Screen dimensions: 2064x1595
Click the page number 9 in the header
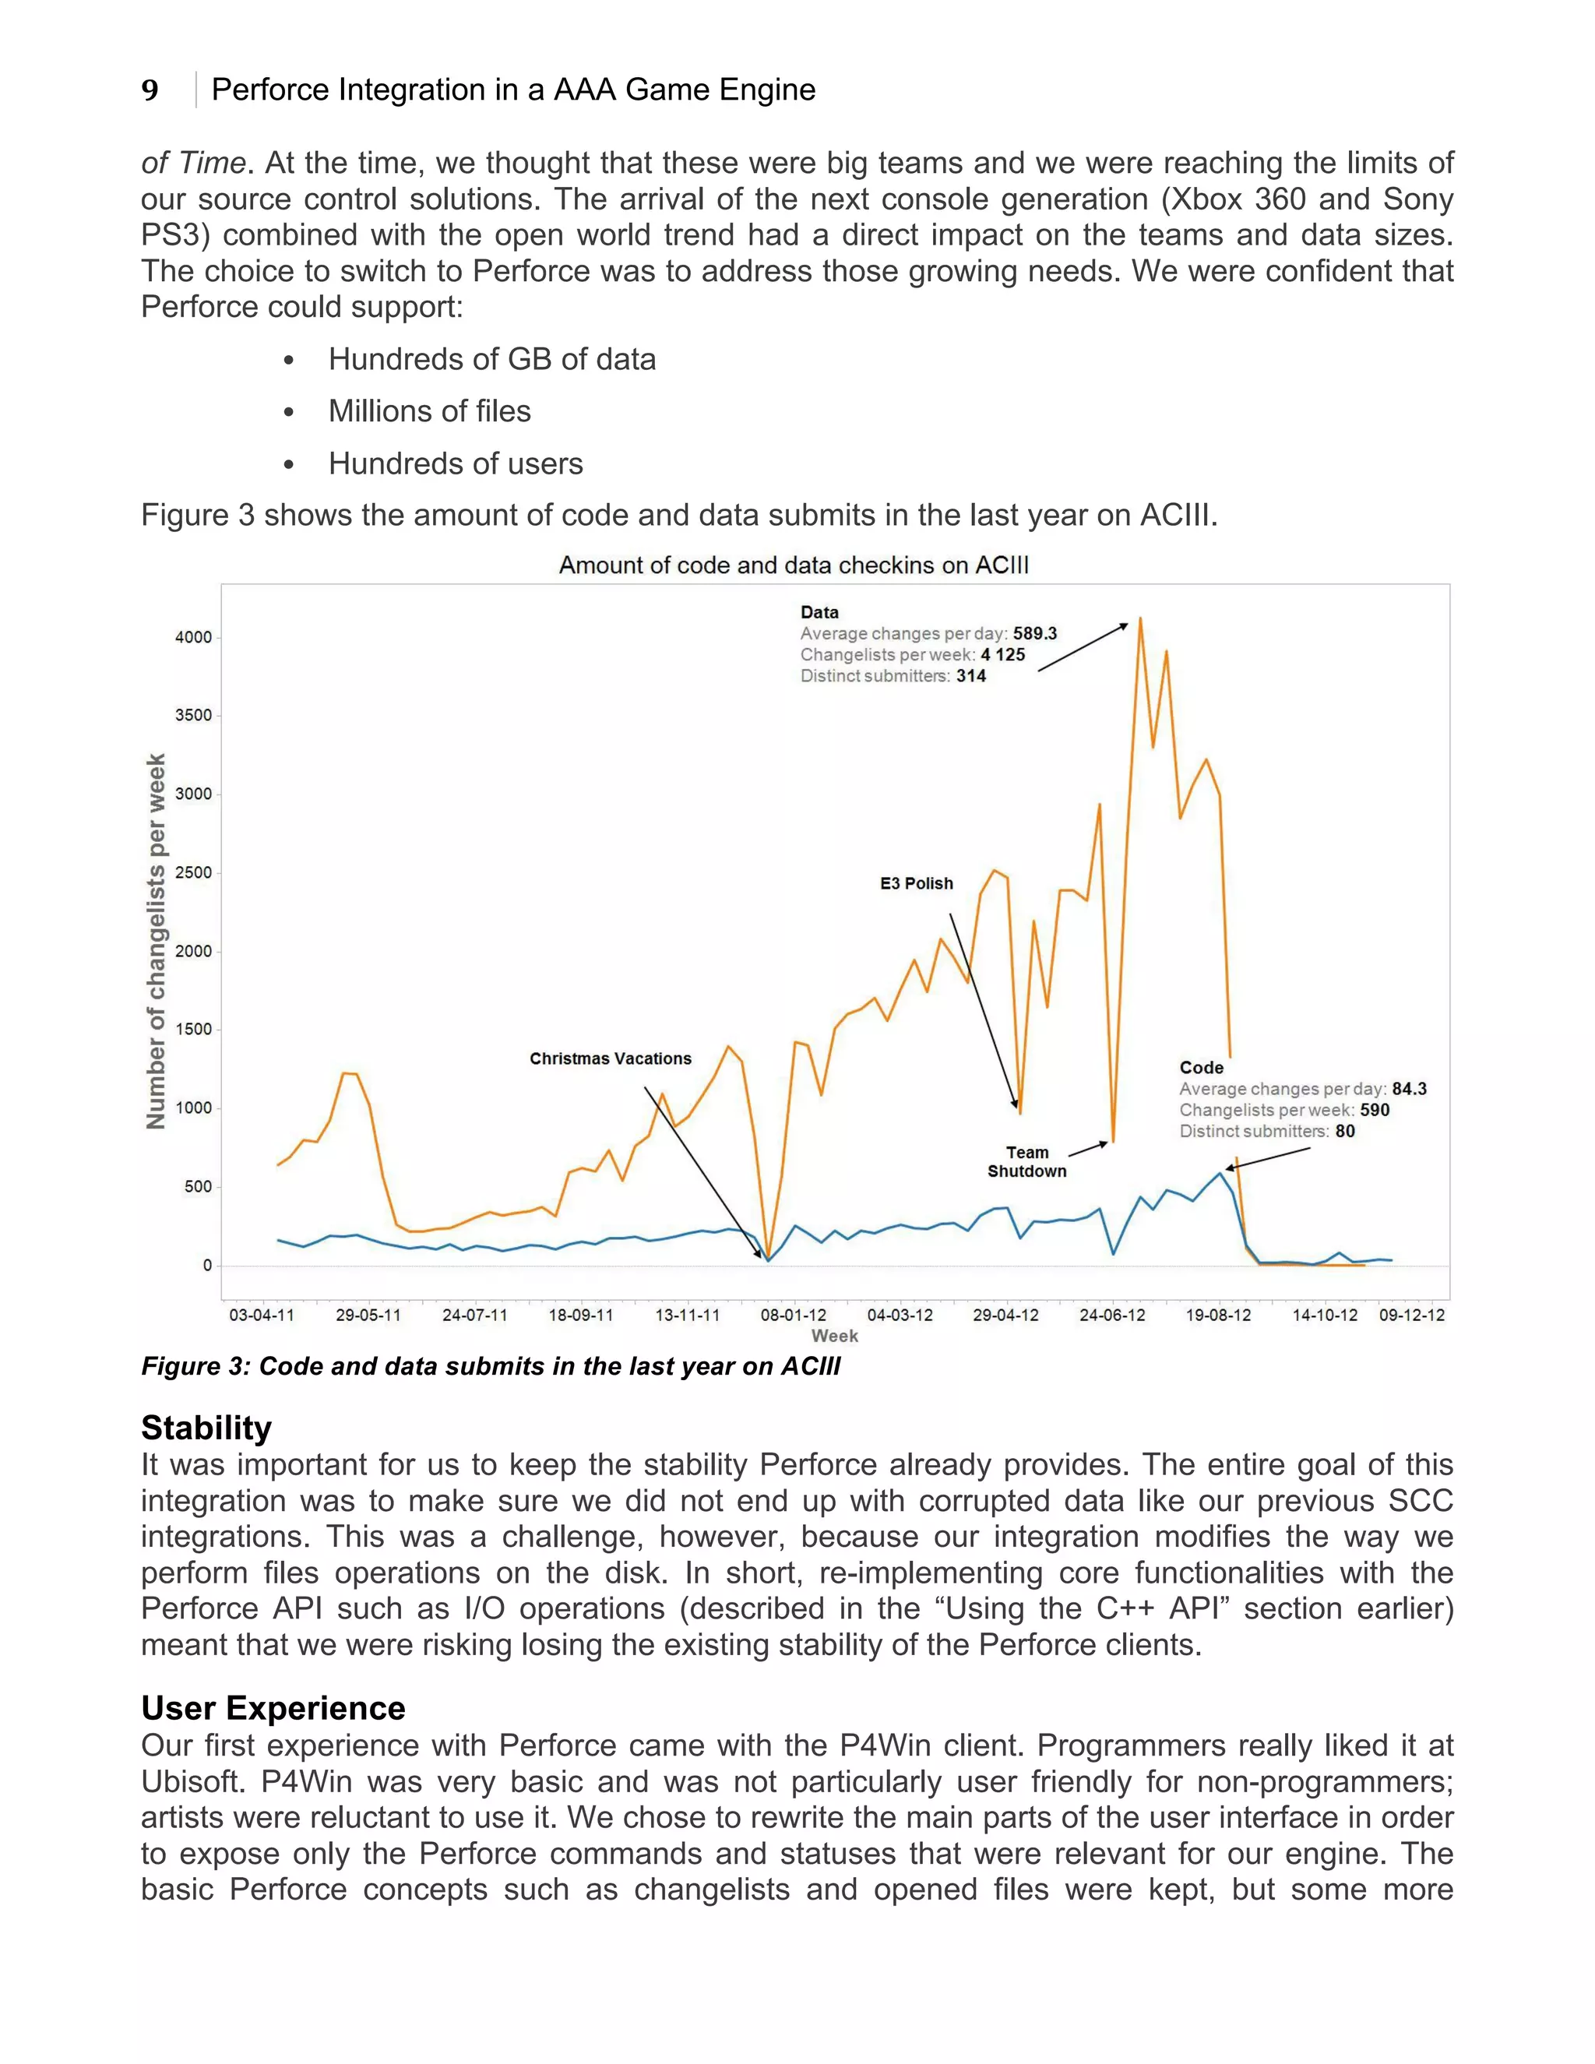coord(150,90)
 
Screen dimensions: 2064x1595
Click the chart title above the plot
coord(794,565)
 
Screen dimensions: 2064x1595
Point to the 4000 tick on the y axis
coord(194,637)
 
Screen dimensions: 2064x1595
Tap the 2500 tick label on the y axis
coord(194,872)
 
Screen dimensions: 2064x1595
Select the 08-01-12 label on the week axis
coord(794,1315)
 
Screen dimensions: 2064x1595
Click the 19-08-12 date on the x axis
coord(1219,1315)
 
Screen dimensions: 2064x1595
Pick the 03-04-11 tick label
coord(262,1315)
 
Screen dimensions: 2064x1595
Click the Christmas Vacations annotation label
coord(611,1058)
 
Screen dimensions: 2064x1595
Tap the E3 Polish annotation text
coord(917,884)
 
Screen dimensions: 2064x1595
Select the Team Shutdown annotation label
coord(1027,1161)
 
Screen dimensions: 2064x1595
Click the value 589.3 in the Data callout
coord(1036,633)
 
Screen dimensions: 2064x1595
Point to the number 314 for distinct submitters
coord(971,676)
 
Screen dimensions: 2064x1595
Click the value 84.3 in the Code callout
coord(1409,1089)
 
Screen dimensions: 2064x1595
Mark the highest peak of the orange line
coord(1140,619)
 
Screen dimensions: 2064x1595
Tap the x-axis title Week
coord(834,1335)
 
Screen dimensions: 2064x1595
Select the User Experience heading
coord(273,1708)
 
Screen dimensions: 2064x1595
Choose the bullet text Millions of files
coord(429,411)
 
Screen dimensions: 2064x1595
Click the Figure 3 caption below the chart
coord(491,1367)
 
